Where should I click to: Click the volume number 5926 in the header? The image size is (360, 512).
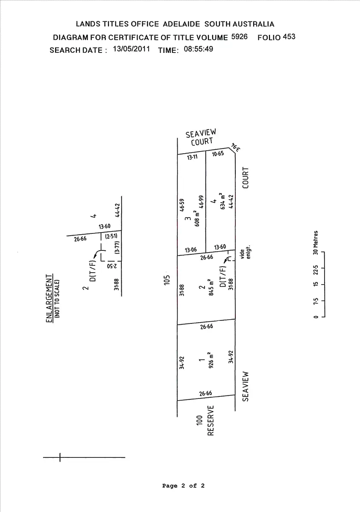point(239,37)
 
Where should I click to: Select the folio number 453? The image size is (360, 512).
point(289,37)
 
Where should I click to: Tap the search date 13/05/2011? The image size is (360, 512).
point(131,49)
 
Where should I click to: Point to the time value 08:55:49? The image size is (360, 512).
point(198,49)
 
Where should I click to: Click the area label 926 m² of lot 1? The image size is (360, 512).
point(210,360)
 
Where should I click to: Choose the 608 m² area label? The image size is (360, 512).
point(196,218)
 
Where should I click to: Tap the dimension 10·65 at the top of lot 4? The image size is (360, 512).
point(218,154)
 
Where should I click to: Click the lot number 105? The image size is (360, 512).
point(167,280)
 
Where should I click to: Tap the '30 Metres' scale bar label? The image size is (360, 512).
point(316,242)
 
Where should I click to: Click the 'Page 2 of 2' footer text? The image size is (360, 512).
point(183,486)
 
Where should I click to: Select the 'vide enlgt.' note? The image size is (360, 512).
point(246,252)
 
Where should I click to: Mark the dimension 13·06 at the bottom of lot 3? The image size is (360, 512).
point(190,250)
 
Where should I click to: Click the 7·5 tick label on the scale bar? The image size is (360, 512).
point(316,301)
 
